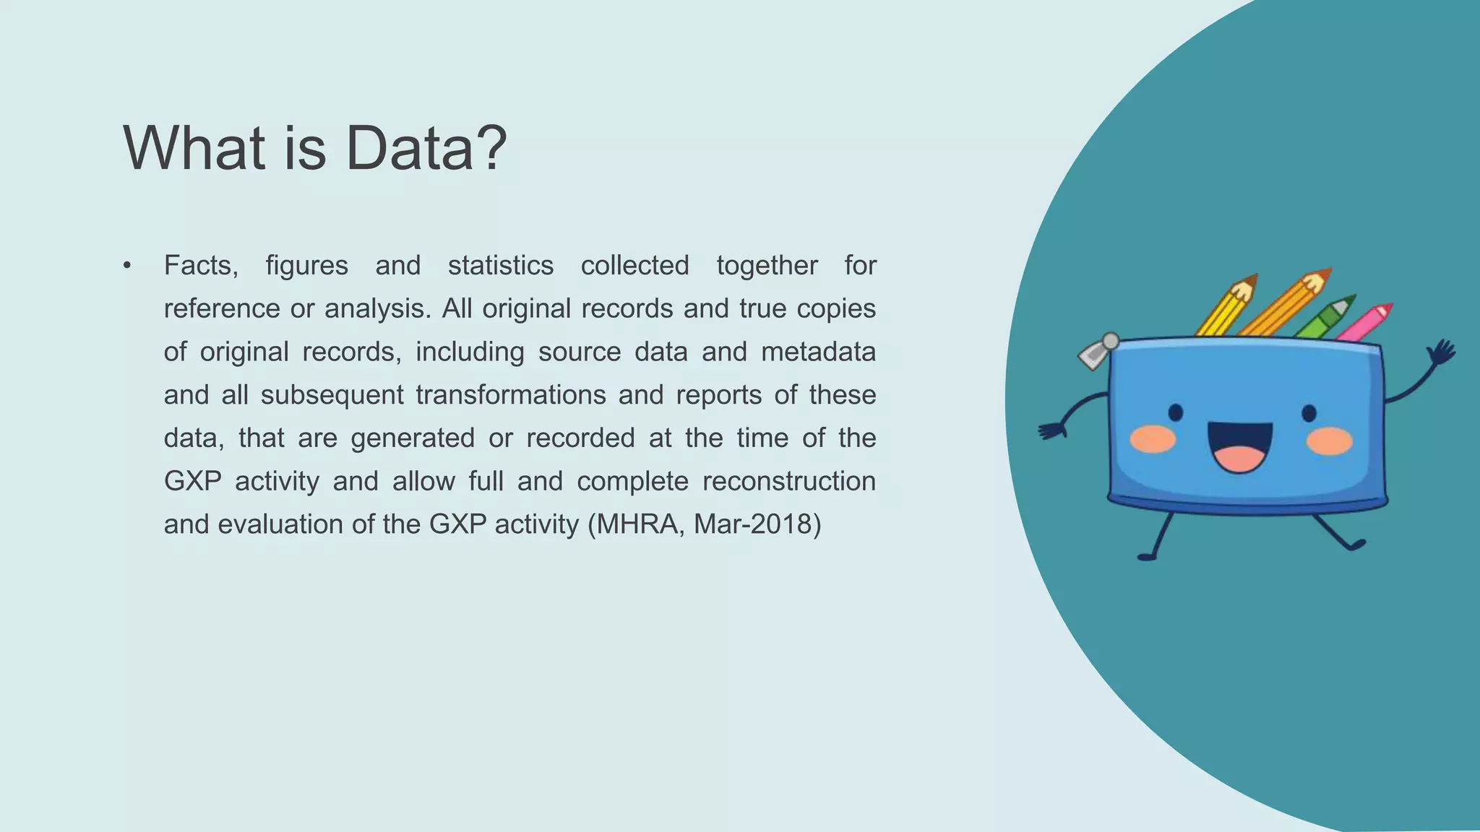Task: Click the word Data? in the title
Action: (x=426, y=148)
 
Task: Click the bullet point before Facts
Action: (x=127, y=266)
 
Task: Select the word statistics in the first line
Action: (x=500, y=266)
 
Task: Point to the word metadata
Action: (x=818, y=352)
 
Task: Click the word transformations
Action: (x=510, y=395)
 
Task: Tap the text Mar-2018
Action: (x=757, y=524)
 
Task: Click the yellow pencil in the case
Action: (x=1226, y=306)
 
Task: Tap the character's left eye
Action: (x=1175, y=412)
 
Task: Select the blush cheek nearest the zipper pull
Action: (x=1152, y=439)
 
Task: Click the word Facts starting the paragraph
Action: (x=200, y=266)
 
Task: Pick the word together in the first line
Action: (x=767, y=266)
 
